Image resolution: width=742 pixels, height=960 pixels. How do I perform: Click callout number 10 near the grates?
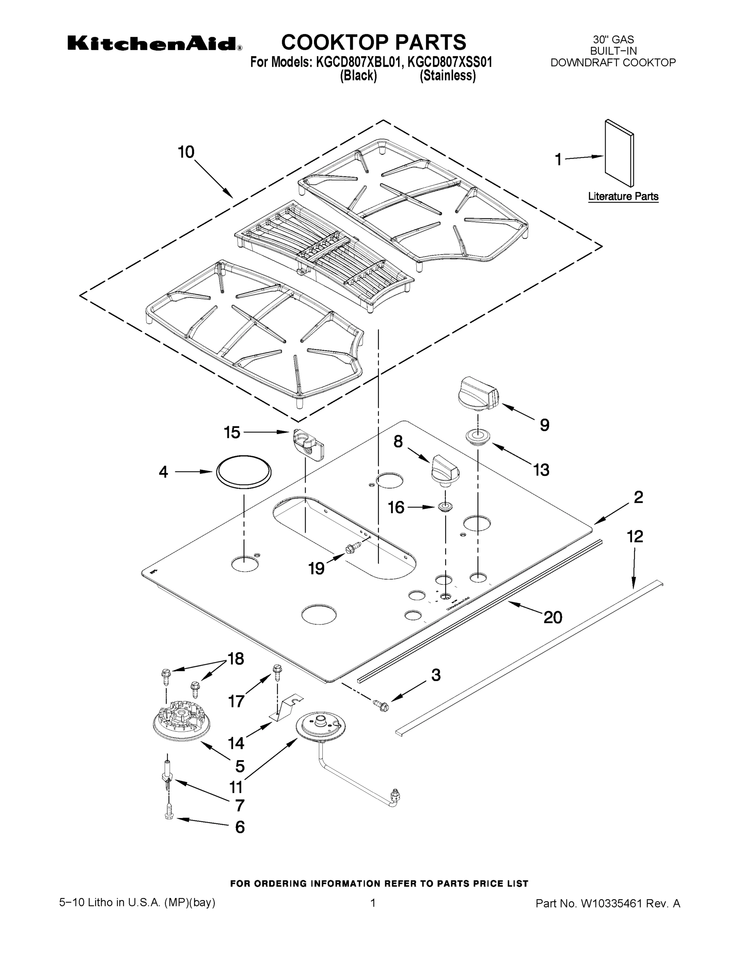(x=186, y=152)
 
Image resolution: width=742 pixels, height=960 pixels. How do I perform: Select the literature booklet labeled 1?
(x=619, y=154)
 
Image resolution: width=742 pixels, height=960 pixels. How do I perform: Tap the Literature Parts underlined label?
(x=623, y=196)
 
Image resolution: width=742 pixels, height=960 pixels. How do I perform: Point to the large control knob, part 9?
(x=478, y=392)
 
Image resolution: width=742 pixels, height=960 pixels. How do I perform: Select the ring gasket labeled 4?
(x=244, y=472)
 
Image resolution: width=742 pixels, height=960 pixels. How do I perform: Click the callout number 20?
(x=552, y=618)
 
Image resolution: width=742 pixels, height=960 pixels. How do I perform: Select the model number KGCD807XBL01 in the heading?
(x=358, y=62)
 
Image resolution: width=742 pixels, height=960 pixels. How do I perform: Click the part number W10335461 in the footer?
(x=611, y=904)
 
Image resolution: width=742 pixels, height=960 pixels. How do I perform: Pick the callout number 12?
(x=635, y=536)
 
